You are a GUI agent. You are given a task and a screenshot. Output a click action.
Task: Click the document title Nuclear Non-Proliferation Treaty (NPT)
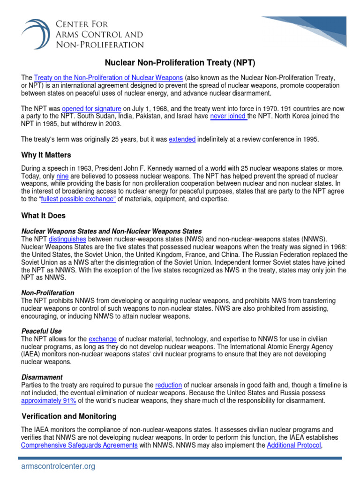[180, 62]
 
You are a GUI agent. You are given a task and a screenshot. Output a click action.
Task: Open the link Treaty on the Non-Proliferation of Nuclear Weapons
[108, 77]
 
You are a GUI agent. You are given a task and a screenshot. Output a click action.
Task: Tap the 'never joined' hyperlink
[228, 116]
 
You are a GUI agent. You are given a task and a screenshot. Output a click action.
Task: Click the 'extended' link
[182, 139]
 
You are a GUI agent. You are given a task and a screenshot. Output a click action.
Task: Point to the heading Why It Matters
[46, 155]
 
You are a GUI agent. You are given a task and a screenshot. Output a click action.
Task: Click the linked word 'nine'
[62, 176]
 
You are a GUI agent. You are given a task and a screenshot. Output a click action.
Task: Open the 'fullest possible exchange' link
[78, 199]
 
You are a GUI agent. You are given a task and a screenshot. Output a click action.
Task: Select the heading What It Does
[44, 216]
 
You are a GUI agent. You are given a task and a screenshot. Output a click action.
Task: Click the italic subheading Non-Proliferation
[48, 293]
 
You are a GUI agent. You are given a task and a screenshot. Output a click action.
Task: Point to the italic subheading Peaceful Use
[41, 331]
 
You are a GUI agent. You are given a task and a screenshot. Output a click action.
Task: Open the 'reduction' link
[168, 385]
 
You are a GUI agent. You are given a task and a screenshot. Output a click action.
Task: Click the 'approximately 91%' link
[48, 401]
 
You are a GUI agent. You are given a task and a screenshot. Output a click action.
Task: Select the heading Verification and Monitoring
[69, 416]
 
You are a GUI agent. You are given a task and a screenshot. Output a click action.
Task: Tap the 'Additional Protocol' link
[294, 445]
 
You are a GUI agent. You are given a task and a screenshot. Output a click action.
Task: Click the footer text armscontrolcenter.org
[58, 466]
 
